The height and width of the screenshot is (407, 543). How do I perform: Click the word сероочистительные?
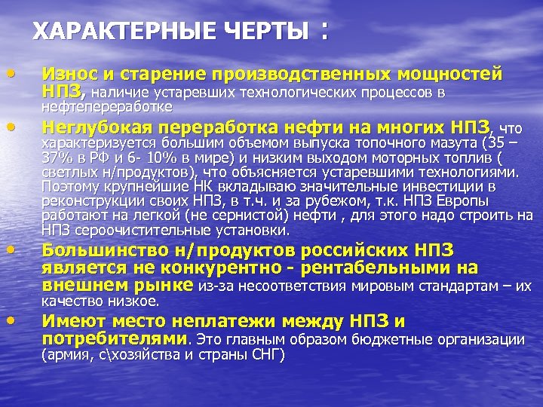click(x=130, y=230)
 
